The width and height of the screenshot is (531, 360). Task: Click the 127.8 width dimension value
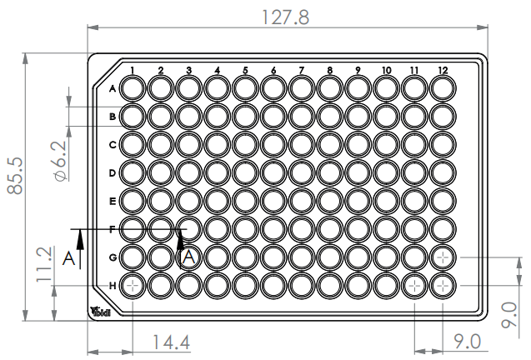(287, 17)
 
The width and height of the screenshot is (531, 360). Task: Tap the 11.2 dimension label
(46, 266)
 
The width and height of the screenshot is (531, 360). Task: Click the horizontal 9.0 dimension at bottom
(467, 342)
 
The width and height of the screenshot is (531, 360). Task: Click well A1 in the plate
(133, 87)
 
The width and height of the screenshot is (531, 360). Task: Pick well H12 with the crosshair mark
(443, 286)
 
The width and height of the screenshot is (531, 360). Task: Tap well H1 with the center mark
(133, 286)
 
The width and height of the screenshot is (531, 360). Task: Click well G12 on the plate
(443, 257)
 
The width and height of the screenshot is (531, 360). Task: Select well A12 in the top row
(443, 87)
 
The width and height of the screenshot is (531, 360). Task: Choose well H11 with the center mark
(415, 286)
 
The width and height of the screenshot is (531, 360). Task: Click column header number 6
(273, 70)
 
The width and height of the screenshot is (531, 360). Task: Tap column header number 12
(443, 70)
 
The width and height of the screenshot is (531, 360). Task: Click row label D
(113, 172)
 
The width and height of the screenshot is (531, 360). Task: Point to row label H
(113, 286)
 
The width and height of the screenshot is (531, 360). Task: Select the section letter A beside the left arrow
(68, 259)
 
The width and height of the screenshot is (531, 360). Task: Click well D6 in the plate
(273, 172)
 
